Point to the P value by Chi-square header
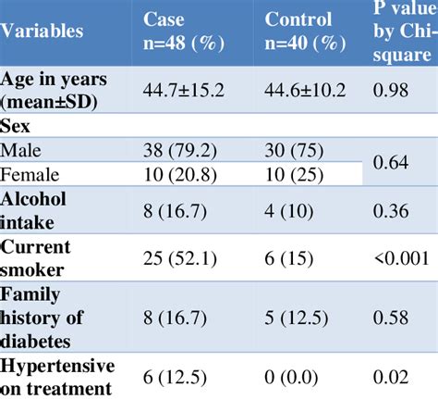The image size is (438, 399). [x=402, y=31]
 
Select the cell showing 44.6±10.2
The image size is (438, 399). [x=309, y=90]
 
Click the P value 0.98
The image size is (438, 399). [x=392, y=90]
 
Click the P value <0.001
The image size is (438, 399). [x=399, y=258]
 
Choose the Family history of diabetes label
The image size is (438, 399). [x=56, y=318]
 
